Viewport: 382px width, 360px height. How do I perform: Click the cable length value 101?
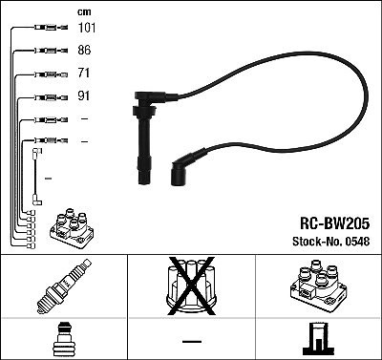pyautogui.click(x=87, y=28)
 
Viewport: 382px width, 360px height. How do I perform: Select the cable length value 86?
pyautogui.click(x=84, y=50)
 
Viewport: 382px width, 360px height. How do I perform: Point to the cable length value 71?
pyautogui.click(x=83, y=73)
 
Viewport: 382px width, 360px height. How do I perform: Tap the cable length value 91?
pyautogui.click(x=83, y=95)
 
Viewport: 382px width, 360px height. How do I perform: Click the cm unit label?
pyautogui.click(x=84, y=12)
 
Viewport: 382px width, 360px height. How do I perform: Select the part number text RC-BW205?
pyautogui.click(x=334, y=223)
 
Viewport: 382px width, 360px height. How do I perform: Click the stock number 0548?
pyautogui.click(x=357, y=242)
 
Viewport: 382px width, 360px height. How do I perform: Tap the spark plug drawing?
pyautogui.click(x=64, y=286)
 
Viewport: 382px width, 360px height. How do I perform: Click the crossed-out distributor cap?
pyautogui.click(x=191, y=286)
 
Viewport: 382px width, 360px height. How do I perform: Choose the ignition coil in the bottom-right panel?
pyautogui.click(x=318, y=285)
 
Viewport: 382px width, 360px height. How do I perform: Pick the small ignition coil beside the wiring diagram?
pyautogui.click(x=72, y=228)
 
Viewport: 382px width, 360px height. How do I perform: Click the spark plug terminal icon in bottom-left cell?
pyautogui.click(x=64, y=339)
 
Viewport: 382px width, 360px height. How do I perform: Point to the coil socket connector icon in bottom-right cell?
pyautogui.click(x=319, y=339)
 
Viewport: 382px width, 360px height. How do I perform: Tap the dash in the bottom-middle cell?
pyautogui.click(x=192, y=342)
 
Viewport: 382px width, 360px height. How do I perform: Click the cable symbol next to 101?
pyautogui.click(x=52, y=28)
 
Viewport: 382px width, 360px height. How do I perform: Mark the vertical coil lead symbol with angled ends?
pyautogui.click(x=35, y=177)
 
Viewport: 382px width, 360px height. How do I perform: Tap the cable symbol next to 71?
pyautogui.click(x=52, y=74)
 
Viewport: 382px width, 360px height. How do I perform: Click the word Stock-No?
pyautogui.click(x=318, y=242)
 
